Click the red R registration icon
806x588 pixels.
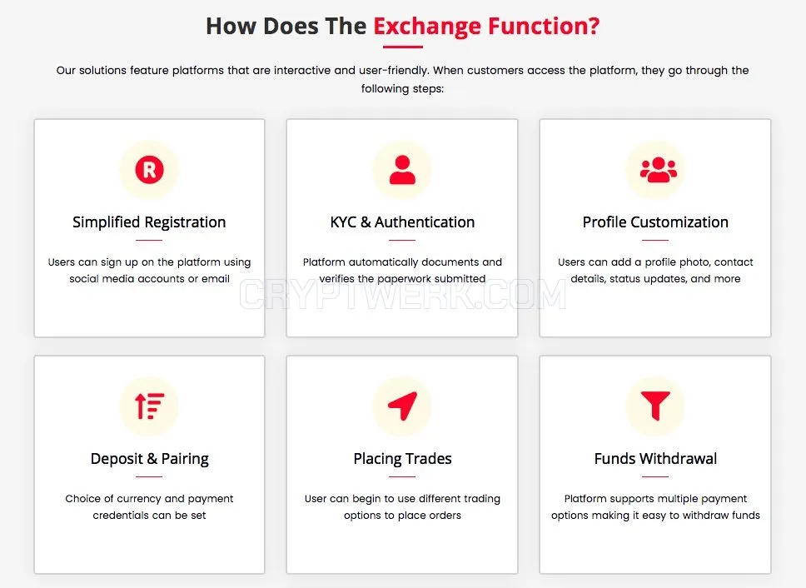pos(149,170)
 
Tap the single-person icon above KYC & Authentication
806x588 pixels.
pos(402,170)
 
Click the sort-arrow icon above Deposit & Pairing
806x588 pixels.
pos(149,406)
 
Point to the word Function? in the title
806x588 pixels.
pos(544,26)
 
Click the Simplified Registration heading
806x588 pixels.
pos(149,222)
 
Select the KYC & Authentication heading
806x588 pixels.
pos(402,222)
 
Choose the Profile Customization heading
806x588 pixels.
pos(655,222)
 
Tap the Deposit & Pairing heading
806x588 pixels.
pos(150,458)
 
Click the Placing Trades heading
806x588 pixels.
pos(402,458)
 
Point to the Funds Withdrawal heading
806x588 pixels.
pos(655,458)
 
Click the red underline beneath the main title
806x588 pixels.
pos(402,47)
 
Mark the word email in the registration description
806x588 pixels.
pos(216,278)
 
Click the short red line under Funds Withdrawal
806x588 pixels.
pos(655,476)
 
